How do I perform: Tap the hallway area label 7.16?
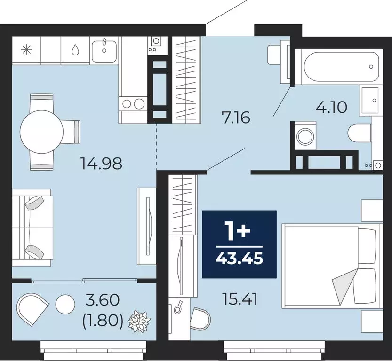pyautogui.click(x=236, y=117)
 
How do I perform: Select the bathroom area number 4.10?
pyautogui.click(x=331, y=108)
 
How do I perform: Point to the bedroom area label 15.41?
pyautogui.click(x=240, y=299)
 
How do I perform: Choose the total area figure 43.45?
pyautogui.click(x=239, y=258)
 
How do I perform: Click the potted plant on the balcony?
pyautogui.click(x=139, y=322)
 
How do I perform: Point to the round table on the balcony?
pyautogui.click(x=65, y=305)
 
